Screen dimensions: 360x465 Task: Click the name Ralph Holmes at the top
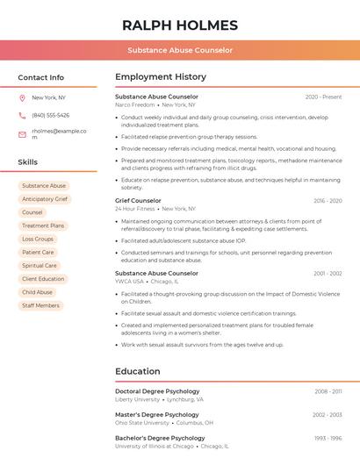tap(180, 25)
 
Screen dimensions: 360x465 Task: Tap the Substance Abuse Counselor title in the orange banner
tap(180, 50)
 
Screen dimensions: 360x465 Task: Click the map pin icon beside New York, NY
tap(22, 97)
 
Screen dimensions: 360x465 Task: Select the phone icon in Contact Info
tap(22, 115)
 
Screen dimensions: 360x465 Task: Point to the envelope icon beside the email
tap(22, 134)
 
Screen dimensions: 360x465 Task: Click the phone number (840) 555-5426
tap(50, 115)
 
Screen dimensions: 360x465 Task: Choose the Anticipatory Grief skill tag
tap(45, 199)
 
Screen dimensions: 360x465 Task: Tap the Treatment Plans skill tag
tap(43, 225)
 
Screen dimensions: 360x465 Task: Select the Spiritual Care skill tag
tap(40, 266)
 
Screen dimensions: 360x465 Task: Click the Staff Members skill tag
tap(41, 305)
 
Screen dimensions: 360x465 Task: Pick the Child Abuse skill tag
tap(38, 292)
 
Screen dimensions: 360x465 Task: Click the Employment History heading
tap(161, 77)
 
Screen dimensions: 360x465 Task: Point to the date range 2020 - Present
tap(323, 97)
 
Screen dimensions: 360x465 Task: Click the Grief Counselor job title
tap(138, 201)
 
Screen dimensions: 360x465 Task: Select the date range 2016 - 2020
tap(328, 201)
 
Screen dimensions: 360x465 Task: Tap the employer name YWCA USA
tap(129, 282)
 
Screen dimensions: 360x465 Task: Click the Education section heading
tap(137, 371)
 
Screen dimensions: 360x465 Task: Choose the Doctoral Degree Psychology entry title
tap(157, 391)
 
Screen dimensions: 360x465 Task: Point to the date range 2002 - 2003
tap(327, 414)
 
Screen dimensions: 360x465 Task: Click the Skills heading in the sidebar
tap(28, 162)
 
